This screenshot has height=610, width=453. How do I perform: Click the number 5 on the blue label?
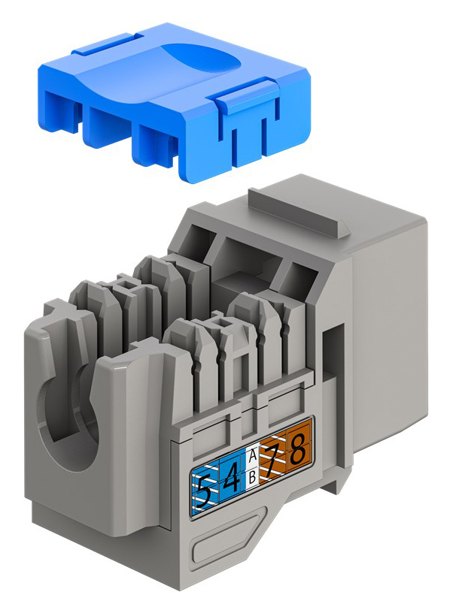pyautogui.click(x=204, y=493)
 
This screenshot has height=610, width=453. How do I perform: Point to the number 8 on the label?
pyautogui.click(x=298, y=449)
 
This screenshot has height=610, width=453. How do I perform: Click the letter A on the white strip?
pyautogui.click(x=253, y=454)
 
